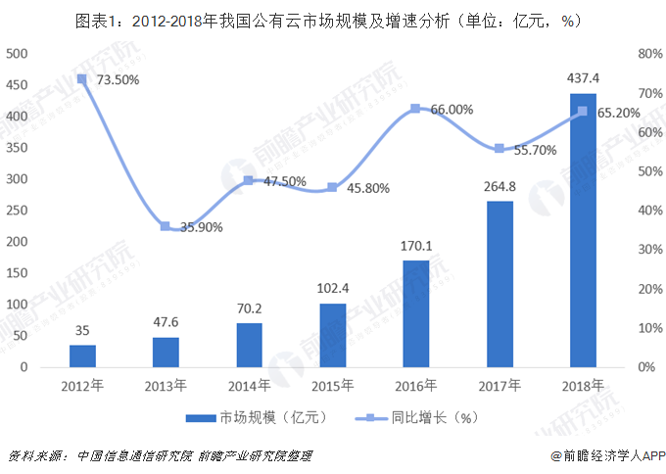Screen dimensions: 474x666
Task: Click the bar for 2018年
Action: [583, 231]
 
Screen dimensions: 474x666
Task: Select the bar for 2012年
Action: [82, 356]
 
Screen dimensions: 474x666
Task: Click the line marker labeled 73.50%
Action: [82, 78]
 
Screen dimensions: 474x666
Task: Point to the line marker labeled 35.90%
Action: [166, 226]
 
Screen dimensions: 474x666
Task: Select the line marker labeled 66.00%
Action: [416, 108]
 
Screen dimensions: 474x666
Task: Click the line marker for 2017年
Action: [499, 149]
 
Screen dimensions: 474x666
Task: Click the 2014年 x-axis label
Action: [250, 385]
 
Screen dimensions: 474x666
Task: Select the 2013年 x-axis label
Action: [166, 385]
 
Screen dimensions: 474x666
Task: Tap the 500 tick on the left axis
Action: [18, 54]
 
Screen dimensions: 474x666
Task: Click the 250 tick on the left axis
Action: [18, 211]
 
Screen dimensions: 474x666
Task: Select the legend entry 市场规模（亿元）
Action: [255, 417]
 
